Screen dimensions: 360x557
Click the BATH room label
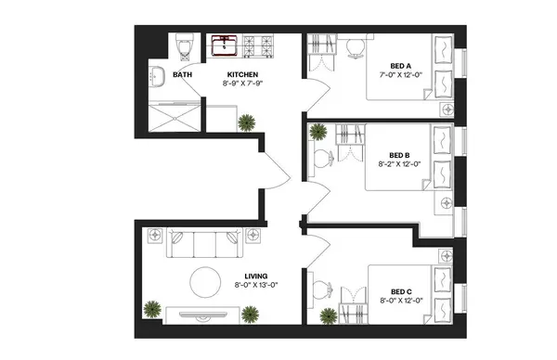183,75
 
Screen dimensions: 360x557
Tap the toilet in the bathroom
182,45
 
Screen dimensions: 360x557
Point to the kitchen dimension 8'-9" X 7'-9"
243,84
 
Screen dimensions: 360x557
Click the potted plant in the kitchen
247,122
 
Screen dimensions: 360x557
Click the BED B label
401,155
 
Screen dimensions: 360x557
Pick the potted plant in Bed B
317,133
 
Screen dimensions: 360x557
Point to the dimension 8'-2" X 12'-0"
401,164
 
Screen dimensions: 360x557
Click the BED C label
401,291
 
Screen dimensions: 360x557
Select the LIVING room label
256,276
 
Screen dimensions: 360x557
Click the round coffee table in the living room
204,281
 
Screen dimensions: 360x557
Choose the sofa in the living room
201,244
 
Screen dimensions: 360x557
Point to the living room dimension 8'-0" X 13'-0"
256,286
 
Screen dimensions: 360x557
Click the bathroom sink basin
157,78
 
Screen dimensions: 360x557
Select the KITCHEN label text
243,75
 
